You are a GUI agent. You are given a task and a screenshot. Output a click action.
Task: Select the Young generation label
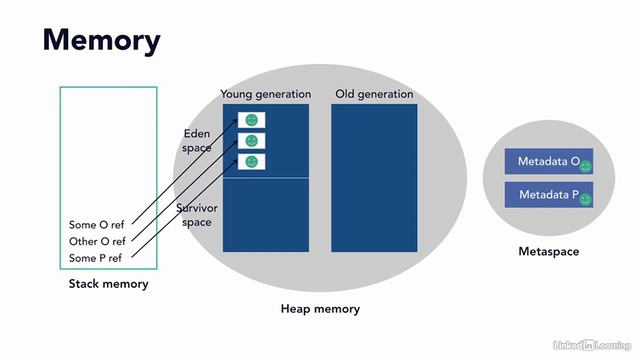(265, 94)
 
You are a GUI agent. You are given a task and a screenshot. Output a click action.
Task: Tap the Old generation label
(374, 94)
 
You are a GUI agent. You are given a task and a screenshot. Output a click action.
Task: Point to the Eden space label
(197, 141)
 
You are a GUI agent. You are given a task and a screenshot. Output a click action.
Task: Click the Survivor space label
(197, 215)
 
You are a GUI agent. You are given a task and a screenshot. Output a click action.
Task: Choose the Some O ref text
(97, 225)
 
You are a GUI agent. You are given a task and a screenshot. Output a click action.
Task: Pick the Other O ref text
(97, 241)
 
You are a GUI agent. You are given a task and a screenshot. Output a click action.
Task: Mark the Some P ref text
(97, 258)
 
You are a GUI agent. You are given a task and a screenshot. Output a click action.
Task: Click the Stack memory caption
(108, 284)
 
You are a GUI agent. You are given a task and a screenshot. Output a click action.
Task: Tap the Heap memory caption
(320, 309)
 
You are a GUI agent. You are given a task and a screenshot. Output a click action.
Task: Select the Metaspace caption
(548, 251)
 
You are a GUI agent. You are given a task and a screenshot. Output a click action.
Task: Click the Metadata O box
(548, 162)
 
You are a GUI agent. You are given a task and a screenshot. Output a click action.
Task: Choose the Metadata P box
(548, 195)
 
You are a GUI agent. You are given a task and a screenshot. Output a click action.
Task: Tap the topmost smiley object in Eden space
(252, 120)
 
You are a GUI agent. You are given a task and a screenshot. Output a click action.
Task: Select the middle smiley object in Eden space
(252, 141)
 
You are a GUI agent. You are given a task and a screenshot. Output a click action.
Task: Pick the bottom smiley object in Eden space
(252, 161)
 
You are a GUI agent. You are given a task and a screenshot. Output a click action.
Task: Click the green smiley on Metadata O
(586, 166)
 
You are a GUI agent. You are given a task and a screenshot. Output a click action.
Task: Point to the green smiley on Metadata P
(586, 199)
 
